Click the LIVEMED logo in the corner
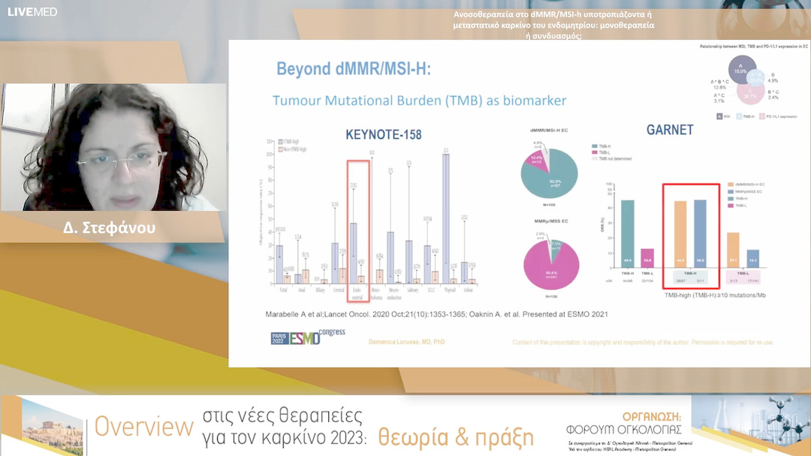click(32, 11)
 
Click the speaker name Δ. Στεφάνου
click(110, 228)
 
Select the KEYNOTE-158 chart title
click(383, 135)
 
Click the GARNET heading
click(670, 129)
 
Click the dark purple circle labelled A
click(742, 71)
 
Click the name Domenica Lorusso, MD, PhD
click(406, 341)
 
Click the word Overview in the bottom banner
click(144, 427)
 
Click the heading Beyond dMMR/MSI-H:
click(354, 70)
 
